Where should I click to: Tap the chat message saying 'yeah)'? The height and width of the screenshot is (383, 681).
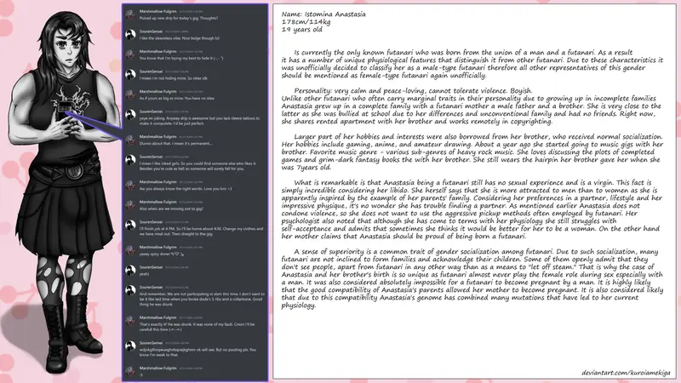[x=145, y=273]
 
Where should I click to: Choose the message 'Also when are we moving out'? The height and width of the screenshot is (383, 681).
[x=179, y=208]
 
